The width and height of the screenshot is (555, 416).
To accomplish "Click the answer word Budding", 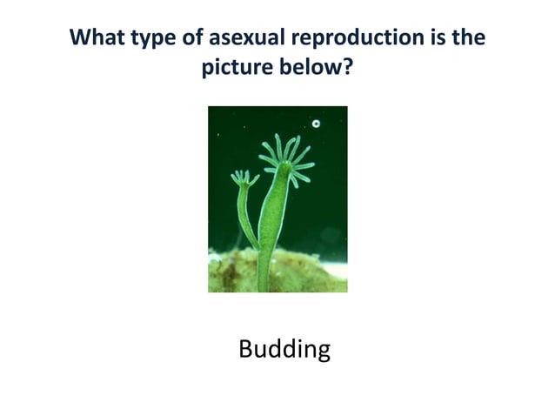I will pyautogui.click(x=284, y=350).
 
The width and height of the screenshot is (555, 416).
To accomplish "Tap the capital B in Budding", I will pyautogui.click(x=245, y=349).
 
